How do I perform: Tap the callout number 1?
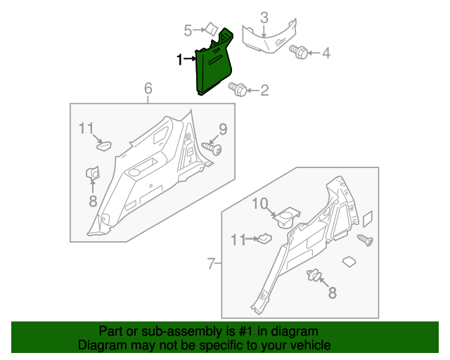pos(180,60)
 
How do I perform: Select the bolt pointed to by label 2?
pos(238,89)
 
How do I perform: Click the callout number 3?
pos(264,17)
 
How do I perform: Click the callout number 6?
pos(148,88)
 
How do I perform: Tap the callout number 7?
pos(210,264)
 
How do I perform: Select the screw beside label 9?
pos(213,148)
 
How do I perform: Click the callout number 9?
pos(222,129)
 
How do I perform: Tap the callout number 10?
pos(260,203)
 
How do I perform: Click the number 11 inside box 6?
pos(86,128)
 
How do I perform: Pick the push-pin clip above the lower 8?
pos(314,276)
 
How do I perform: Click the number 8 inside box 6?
pos(93,200)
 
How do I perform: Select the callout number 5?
pos(188,30)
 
